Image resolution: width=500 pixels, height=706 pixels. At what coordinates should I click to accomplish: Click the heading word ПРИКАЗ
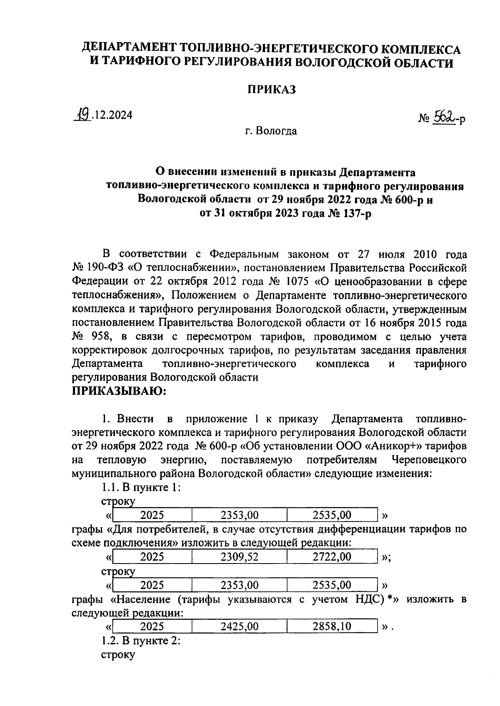pos(271,90)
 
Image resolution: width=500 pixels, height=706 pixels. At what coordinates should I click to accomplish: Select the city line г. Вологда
pos(271,131)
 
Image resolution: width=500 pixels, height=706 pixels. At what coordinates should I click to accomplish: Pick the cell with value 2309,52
pos(240,557)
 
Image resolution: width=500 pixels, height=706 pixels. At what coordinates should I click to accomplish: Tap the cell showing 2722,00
pos(332,557)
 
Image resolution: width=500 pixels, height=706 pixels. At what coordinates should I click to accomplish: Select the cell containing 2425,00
pos(240,626)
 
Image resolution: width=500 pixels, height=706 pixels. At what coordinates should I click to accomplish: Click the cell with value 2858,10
pos(332,626)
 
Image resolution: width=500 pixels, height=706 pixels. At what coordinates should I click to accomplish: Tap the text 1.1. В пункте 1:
pos(141,487)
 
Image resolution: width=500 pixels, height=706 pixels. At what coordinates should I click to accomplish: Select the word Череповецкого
pos(429,460)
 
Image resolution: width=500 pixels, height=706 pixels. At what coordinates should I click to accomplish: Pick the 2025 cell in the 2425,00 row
pos(152,626)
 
